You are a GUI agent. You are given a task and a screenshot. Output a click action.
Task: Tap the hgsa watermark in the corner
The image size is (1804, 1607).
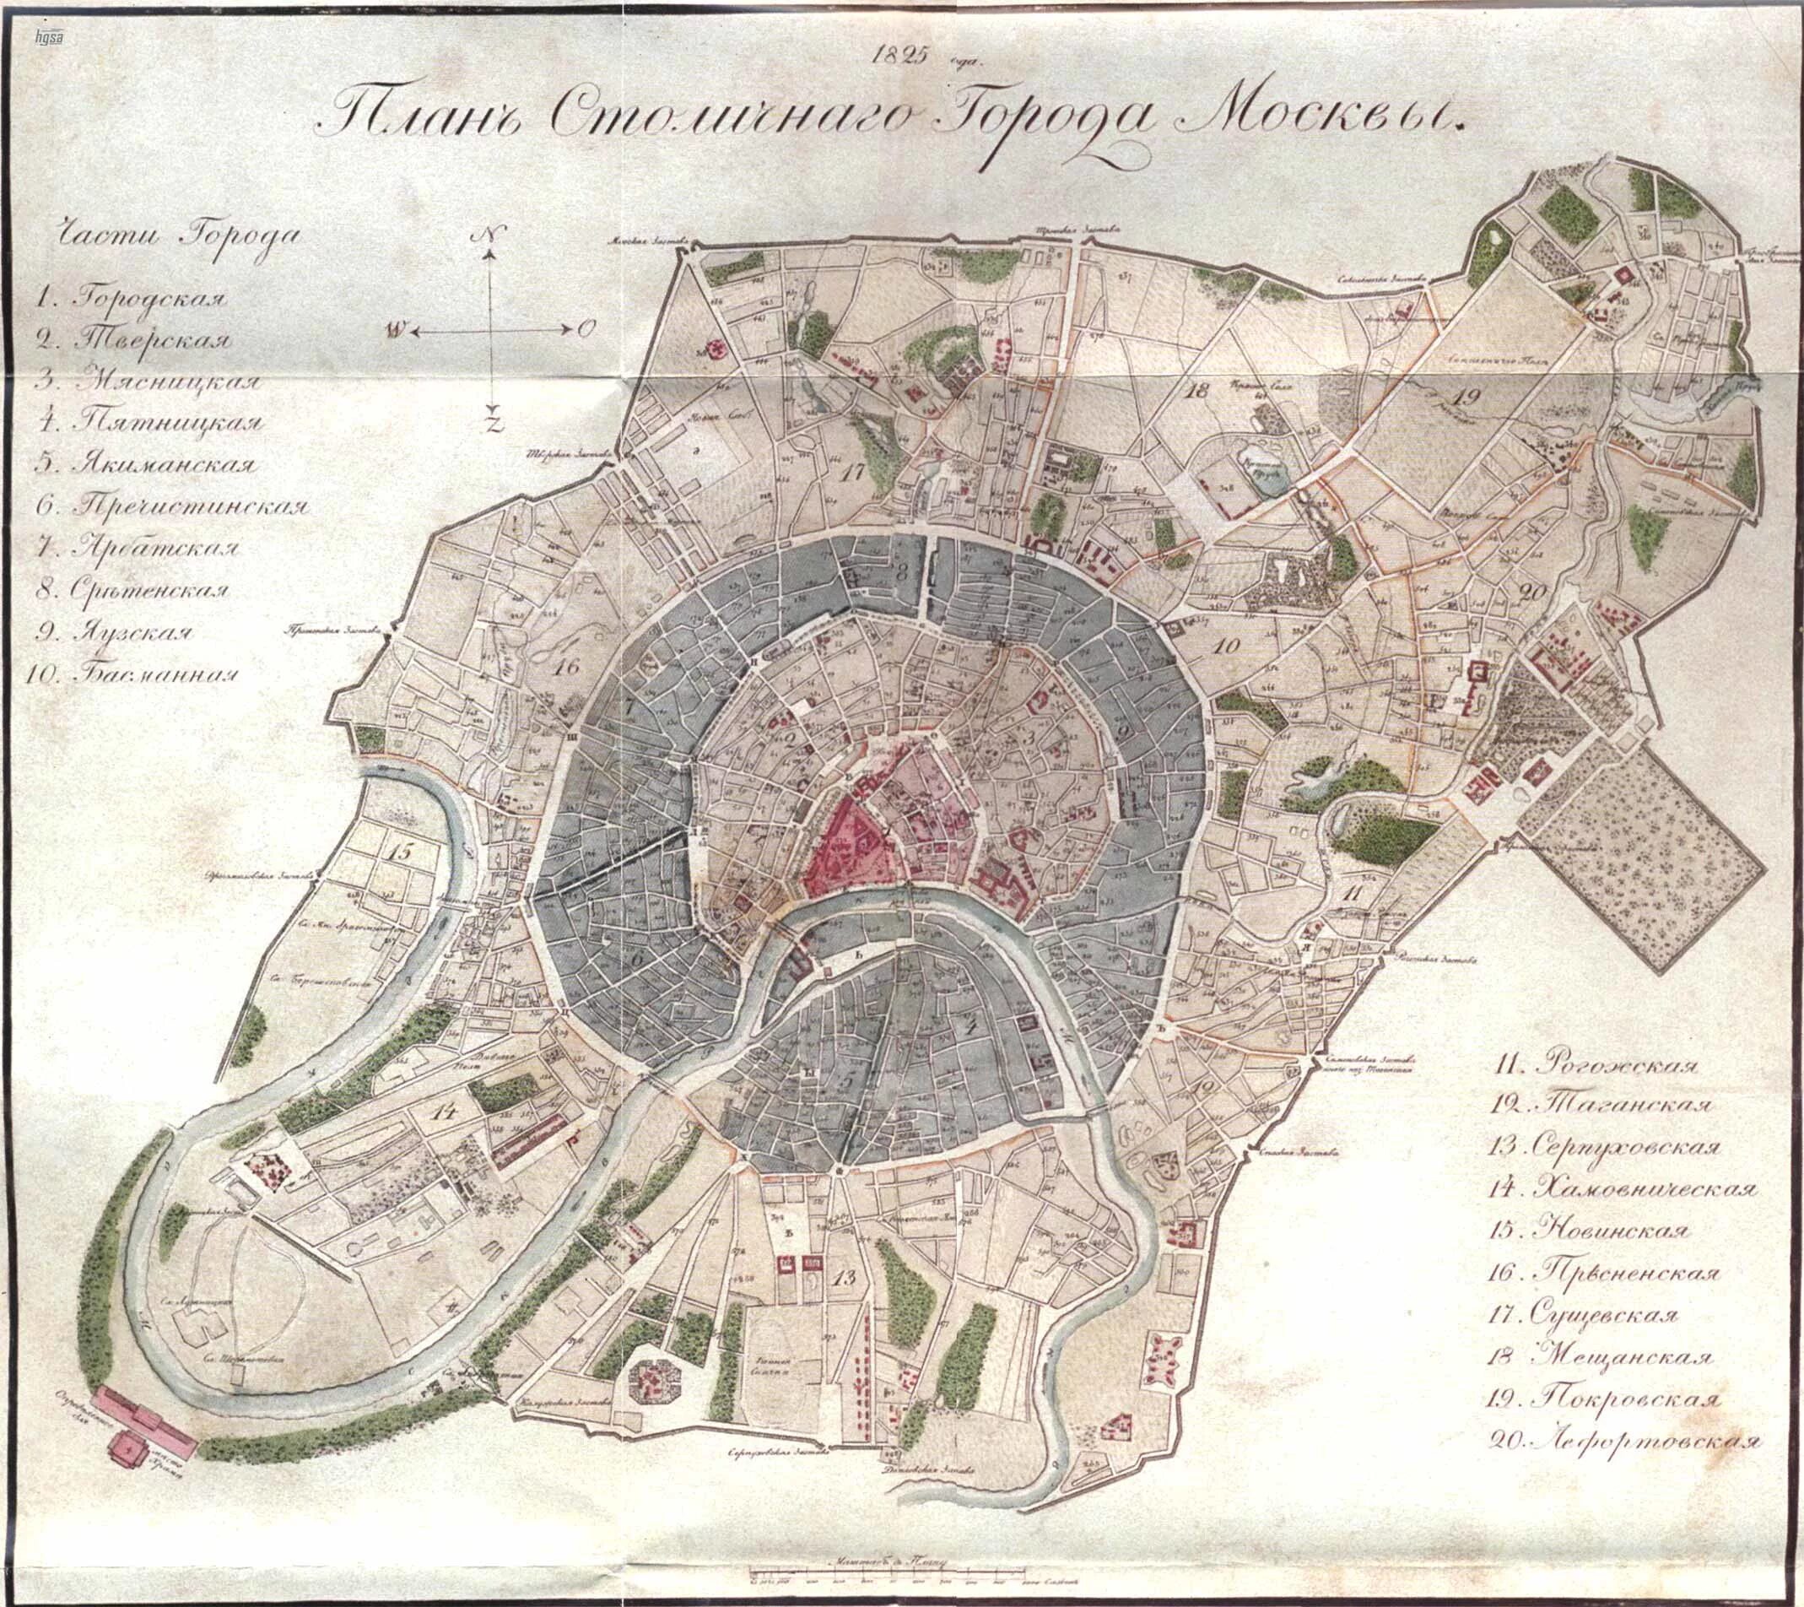pyautogui.click(x=42, y=37)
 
